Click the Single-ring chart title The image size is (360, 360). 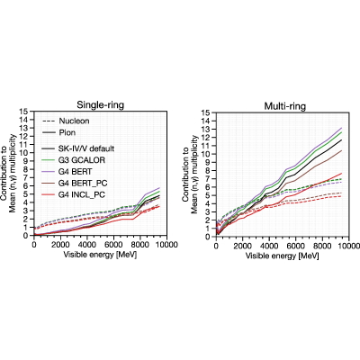click(100, 105)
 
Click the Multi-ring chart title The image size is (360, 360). click(285, 106)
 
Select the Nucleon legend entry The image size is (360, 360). click(66, 121)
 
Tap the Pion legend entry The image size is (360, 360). click(59, 132)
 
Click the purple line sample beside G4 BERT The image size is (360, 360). click(49, 172)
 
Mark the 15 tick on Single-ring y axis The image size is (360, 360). click(26, 112)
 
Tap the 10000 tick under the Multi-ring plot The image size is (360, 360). click(348, 247)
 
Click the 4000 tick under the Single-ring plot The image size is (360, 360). click(86, 245)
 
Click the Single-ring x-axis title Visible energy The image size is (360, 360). click(100, 255)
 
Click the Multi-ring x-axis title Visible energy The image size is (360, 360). click(282, 256)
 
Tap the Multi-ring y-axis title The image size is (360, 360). click(190, 175)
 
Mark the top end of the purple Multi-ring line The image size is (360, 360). click(342, 128)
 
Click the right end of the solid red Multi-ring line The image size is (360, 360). click(342, 173)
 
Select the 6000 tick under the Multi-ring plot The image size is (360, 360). click(295, 247)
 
